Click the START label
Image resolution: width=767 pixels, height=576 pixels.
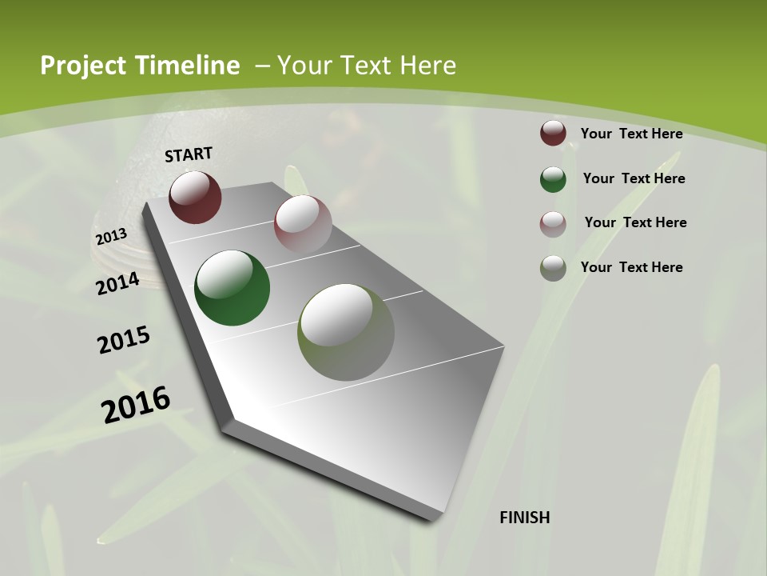coord(189,154)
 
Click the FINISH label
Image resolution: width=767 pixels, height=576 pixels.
coord(524,518)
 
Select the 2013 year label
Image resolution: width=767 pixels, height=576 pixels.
coord(111,237)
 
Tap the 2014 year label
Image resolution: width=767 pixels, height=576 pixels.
coord(117,283)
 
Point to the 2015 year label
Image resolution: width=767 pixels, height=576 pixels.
coord(124,340)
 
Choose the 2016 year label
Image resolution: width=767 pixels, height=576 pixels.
coord(136,404)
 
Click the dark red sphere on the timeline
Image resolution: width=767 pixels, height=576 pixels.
coord(195,197)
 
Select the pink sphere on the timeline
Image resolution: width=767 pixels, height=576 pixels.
coord(303,224)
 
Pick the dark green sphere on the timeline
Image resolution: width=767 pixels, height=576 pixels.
coord(232,288)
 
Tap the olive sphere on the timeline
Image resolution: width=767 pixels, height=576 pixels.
coord(346,332)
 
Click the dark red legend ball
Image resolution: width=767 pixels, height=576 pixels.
coord(553,133)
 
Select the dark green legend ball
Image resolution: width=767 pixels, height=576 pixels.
coord(553,179)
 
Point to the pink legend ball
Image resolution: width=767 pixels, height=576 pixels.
coord(553,224)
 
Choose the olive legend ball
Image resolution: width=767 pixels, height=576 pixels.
coord(553,268)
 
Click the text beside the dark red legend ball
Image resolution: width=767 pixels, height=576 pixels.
coord(631,134)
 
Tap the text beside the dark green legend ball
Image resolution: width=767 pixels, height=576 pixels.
coord(634,178)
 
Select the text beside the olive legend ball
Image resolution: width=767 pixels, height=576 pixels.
coord(631,267)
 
